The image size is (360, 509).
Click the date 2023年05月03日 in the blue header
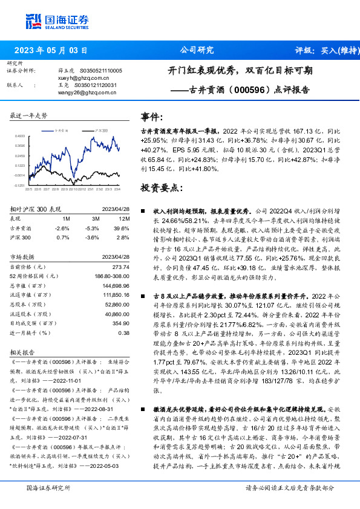(x=50, y=50)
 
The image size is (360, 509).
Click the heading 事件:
(x=152, y=117)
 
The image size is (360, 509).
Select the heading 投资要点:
(x=161, y=188)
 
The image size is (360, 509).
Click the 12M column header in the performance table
(x=125, y=218)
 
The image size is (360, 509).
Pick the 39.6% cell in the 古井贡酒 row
(x=123, y=228)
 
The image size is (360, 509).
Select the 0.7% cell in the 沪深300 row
(x=63, y=237)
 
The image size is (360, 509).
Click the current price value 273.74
(x=122, y=267)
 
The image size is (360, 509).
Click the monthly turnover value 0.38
(x=124, y=332)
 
